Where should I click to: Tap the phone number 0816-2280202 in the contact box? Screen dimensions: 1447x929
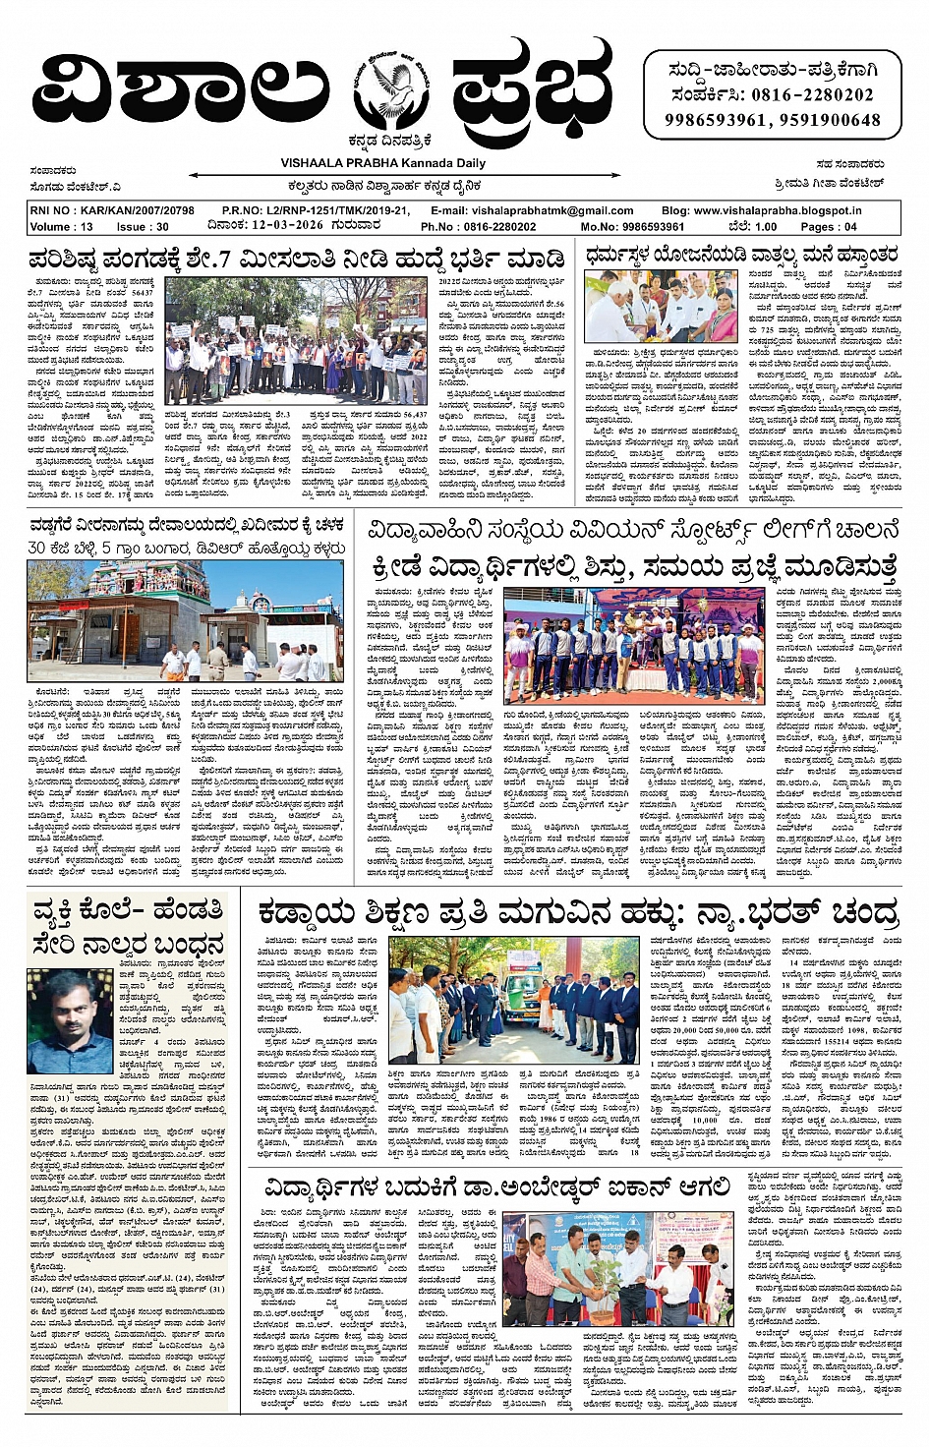[810, 95]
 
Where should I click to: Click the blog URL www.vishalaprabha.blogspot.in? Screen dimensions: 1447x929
[776, 210]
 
